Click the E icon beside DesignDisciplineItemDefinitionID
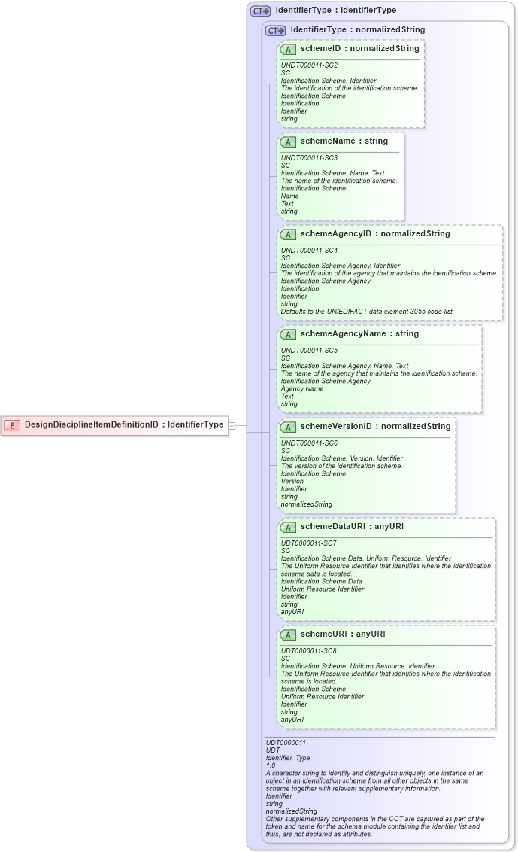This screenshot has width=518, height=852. (x=12, y=424)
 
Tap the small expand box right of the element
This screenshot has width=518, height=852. (x=232, y=425)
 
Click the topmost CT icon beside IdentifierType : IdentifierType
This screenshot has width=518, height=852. (x=261, y=11)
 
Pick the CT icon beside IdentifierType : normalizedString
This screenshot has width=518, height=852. (x=276, y=30)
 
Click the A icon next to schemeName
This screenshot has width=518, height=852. (x=288, y=141)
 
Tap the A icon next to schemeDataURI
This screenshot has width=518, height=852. (x=288, y=527)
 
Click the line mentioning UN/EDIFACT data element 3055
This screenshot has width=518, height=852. (x=367, y=311)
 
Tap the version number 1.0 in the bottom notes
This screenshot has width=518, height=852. (x=271, y=765)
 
